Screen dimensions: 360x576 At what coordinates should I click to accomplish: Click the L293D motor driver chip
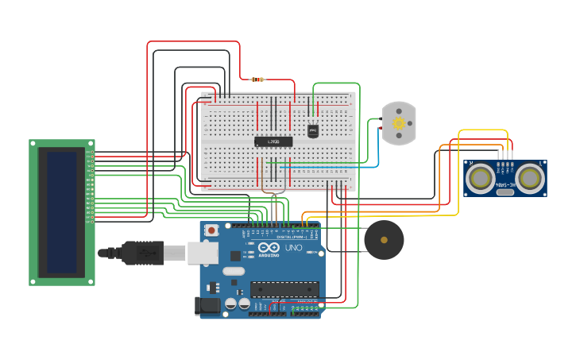[273, 141]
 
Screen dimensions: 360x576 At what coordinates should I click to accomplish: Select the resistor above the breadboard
[257, 79]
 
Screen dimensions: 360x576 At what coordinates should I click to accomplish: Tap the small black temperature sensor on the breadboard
[313, 130]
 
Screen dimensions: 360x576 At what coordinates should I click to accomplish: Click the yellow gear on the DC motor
[399, 123]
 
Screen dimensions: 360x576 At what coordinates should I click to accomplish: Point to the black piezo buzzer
[384, 239]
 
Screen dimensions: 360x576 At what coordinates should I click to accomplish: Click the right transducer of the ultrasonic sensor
[529, 178]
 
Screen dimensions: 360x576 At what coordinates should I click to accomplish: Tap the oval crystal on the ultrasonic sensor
[505, 192]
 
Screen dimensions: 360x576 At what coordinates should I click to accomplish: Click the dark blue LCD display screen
[61, 212]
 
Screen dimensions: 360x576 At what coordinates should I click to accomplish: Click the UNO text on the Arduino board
[294, 247]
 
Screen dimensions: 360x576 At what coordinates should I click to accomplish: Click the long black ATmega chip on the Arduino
[284, 288]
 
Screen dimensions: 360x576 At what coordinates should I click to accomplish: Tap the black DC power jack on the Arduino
[208, 306]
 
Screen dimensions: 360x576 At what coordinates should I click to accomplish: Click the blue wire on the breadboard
[326, 168]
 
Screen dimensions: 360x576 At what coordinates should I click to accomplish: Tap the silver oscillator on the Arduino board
[234, 271]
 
